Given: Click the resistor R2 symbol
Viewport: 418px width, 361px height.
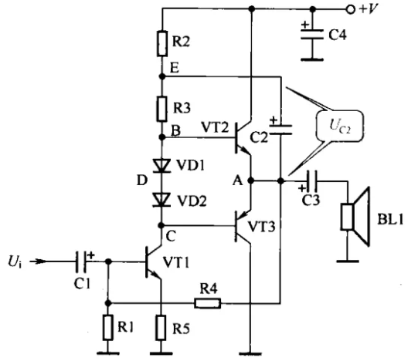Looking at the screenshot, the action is click(x=162, y=43).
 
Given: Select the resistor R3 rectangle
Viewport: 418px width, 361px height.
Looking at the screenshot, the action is click(x=161, y=109).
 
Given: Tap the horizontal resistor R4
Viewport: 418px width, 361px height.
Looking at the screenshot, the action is click(x=207, y=303).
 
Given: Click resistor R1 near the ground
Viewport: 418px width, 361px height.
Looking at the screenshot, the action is click(x=107, y=328).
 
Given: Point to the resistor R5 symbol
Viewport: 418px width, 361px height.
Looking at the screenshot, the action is click(x=161, y=328).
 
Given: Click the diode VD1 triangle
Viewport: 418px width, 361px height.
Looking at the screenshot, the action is click(x=161, y=166).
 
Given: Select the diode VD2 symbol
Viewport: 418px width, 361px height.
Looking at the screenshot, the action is click(x=161, y=200).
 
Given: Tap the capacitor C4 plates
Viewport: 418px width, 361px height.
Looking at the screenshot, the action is click(x=312, y=35).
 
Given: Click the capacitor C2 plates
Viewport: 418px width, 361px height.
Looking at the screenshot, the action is click(x=280, y=130).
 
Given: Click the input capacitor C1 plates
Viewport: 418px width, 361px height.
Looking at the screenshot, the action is click(x=81, y=261).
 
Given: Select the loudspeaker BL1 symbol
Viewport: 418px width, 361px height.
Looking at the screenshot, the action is click(x=355, y=217).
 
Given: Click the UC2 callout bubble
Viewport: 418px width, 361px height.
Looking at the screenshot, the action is click(x=340, y=126).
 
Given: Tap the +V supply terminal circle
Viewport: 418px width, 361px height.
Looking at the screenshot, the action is click(x=351, y=9).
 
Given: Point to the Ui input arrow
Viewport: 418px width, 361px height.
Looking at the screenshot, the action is click(x=38, y=261).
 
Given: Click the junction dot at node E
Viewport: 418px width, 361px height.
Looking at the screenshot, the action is click(x=161, y=76).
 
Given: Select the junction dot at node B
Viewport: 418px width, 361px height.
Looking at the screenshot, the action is click(x=161, y=137).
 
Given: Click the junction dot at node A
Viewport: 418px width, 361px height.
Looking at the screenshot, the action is click(x=250, y=180).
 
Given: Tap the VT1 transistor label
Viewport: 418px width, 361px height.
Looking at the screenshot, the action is click(x=176, y=262).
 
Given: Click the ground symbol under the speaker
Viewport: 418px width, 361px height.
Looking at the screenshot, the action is click(x=348, y=261).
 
